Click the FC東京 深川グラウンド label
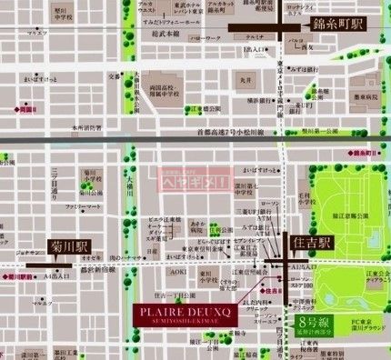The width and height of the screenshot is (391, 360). (360, 325)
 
